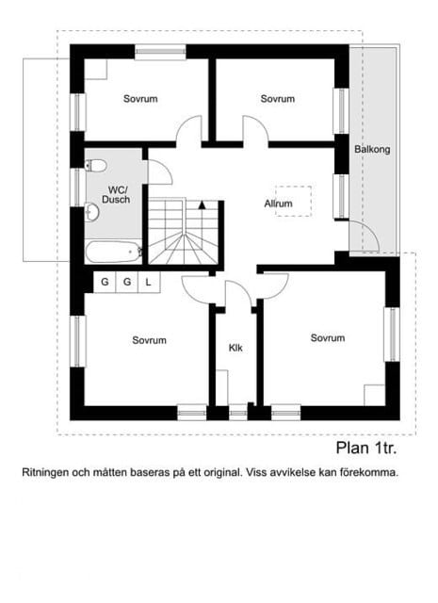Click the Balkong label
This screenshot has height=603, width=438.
(x=372, y=150)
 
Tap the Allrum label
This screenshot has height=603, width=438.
(x=278, y=203)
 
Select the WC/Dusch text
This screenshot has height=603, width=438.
(x=116, y=194)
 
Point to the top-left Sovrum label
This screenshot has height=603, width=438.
(x=139, y=99)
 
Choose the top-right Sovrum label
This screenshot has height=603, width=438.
(x=278, y=99)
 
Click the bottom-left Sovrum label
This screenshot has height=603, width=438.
(x=149, y=340)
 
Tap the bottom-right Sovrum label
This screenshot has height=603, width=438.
(x=327, y=337)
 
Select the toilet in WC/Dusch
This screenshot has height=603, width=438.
(x=94, y=167)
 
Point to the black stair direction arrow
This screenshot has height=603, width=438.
(x=201, y=204)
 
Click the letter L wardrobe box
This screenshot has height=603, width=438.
(x=148, y=282)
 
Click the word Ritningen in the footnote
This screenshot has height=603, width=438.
(x=47, y=473)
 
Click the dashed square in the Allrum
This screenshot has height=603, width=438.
(x=292, y=201)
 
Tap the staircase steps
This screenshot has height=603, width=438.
(x=184, y=236)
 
